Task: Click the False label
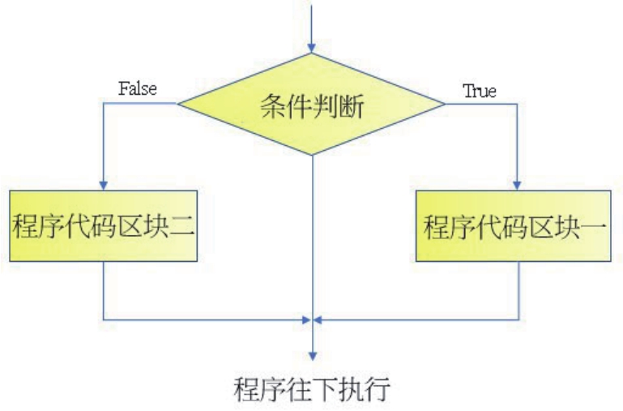click(x=138, y=88)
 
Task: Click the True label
click(x=480, y=91)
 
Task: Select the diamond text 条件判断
click(x=312, y=106)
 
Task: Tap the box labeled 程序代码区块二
click(x=104, y=226)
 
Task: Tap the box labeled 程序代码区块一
click(x=514, y=226)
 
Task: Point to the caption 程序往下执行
click(x=312, y=390)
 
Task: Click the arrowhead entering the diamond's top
click(x=312, y=48)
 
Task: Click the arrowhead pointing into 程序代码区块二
click(x=104, y=185)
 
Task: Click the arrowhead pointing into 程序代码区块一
click(x=517, y=185)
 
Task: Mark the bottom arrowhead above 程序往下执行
click(x=313, y=356)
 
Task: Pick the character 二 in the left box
click(x=182, y=226)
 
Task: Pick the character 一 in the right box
click(x=595, y=226)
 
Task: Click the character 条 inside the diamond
click(x=273, y=106)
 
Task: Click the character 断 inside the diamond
click(x=351, y=106)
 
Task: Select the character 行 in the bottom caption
click(x=378, y=390)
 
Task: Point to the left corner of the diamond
click(x=178, y=104)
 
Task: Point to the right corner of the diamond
click(x=445, y=104)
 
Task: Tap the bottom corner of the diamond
click(x=312, y=155)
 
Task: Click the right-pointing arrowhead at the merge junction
click(x=306, y=319)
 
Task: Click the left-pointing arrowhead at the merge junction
click(x=318, y=319)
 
